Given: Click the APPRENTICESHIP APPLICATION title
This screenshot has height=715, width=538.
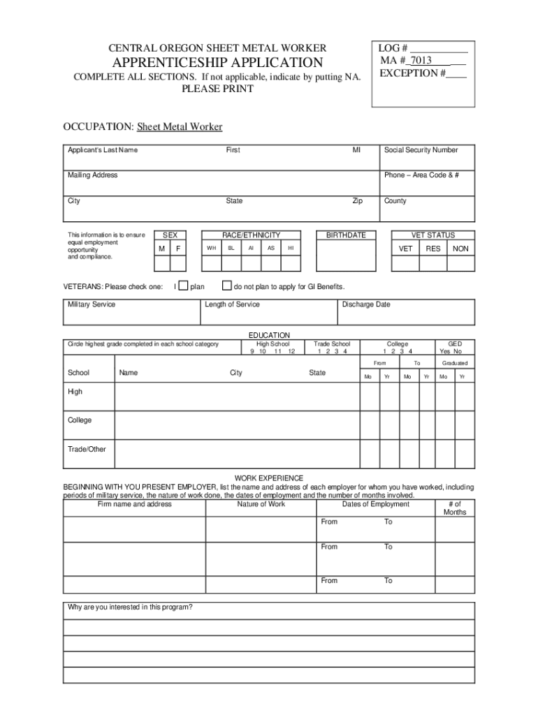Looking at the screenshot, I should (217, 63).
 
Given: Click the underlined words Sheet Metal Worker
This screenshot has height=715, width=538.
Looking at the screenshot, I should (180, 126).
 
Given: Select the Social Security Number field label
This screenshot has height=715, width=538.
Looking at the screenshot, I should (421, 150).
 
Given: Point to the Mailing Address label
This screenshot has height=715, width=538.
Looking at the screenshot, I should (92, 175).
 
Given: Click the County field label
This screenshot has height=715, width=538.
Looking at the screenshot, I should (395, 201).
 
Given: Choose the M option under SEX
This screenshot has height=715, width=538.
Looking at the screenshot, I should (161, 249).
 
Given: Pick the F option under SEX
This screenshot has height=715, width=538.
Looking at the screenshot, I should (178, 249).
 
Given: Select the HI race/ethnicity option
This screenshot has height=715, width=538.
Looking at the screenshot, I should (291, 249).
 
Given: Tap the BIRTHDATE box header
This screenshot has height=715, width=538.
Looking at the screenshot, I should (346, 235).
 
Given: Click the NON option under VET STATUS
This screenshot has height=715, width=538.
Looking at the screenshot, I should (460, 249).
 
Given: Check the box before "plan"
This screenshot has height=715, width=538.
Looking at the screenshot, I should (184, 286).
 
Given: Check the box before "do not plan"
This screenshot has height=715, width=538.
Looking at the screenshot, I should (226, 286).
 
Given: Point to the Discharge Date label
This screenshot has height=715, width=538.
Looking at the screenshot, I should (366, 304).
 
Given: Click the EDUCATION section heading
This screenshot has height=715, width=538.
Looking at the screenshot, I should (269, 335).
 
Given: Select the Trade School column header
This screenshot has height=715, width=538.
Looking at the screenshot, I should (332, 344).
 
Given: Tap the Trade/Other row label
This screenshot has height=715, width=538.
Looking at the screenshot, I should (87, 449).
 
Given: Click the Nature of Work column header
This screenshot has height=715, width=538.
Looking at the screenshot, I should (261, 504).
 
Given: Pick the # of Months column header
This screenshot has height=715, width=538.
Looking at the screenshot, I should (454, 508).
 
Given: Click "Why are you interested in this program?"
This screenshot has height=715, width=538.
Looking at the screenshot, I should (130, 607).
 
